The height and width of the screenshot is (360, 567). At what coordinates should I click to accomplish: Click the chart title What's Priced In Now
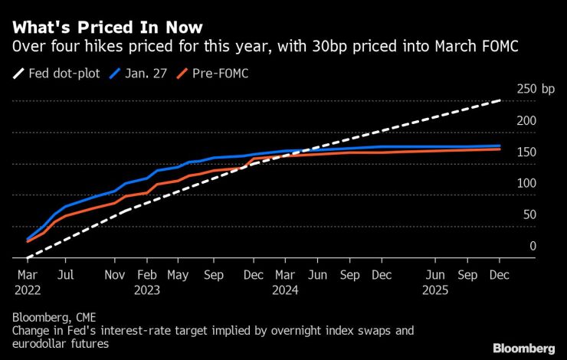pyautogui.click(x=107, y=28)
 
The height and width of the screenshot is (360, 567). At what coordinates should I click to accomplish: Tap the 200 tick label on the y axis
pyautogui.click(x=521, y=121)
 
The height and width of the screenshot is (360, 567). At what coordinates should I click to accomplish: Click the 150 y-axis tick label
pyautogui.click(x=521, y=152)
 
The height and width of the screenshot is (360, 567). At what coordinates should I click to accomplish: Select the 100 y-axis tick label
pyautogui.click(x=521, y=184)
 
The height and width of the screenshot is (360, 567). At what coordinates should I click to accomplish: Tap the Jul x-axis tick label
pyautogui.click(x=67, y=273)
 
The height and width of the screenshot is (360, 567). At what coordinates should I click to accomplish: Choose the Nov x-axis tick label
pyautogui.click(x=114, y=273)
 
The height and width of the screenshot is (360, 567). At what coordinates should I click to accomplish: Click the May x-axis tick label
pyautogui.click(x=178, y=273)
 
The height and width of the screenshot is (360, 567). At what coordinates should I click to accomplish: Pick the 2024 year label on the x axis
pyautogui.click(x=285, y=290)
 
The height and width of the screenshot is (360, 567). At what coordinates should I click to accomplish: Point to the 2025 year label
pyautogui.click(x=436, y=290)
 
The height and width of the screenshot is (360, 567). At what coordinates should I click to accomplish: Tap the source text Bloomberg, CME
pyautogui.click(x=54, y=316)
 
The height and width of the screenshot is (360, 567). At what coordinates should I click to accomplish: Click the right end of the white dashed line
pyautogui.click(x=500, y=100)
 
